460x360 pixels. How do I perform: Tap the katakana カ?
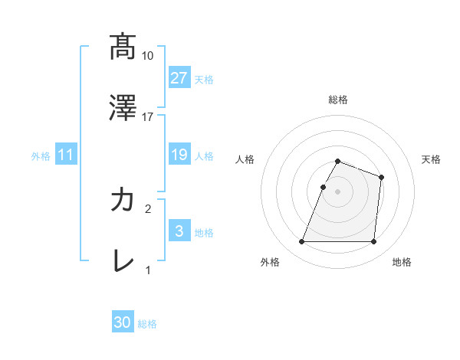(x=123, y=201)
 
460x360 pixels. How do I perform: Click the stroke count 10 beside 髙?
(x=148, y=56)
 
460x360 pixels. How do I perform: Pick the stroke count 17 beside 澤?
(x=148, y=116)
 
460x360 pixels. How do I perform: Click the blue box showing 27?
(x=179, y=79)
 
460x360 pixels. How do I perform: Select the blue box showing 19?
(x=179, y=155)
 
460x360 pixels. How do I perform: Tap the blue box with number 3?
(x=179, y=231)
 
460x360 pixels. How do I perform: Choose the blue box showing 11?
(x=65, y=155)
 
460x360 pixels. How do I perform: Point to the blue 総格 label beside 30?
(x=147, y=324)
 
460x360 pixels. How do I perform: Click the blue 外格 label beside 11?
(x=41, y=156)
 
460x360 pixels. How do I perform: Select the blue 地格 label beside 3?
(x=204, y=232)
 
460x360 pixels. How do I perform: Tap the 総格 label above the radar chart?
(x=338, y=100)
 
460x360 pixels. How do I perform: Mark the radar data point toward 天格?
(x=381, y=177)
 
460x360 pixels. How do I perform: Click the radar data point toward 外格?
(x=302, y=242)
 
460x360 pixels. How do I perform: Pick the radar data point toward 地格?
(x=373, y=242)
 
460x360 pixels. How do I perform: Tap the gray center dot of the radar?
(x=338, y=191)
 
